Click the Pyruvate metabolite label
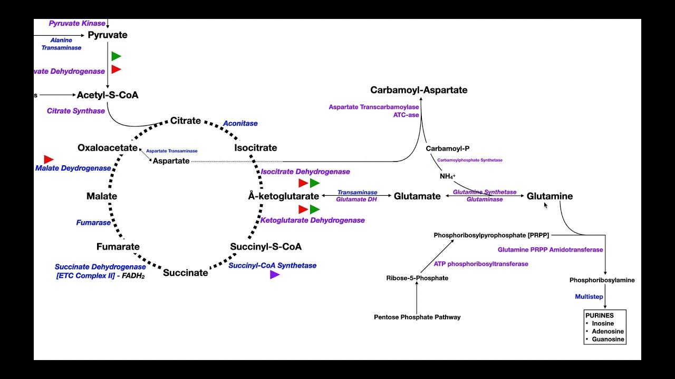[x=108, y=35]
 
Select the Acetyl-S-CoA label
[x=108, y=95]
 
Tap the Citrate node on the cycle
[x=185, y=121]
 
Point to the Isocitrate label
[x=255, y=148]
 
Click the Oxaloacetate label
[x=108, y=148]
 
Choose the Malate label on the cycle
[x=102, y=196]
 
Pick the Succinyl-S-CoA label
[x=266, y=246]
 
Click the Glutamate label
[x=417, y=196]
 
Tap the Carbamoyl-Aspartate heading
[x=419, y=90]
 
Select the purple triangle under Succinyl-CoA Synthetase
[x=274, y=275]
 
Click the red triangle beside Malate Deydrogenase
[x=49, y=159]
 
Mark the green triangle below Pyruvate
[x=116, y=56]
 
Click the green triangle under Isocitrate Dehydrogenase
[x=315, y=183]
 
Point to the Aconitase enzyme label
[x=240, y=123]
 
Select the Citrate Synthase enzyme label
[x=76, y=111]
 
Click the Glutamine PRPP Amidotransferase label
[x=550, y=250]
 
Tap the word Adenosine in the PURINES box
[x=607, y=332]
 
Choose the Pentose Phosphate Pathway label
[x=417, y=317]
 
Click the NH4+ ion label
[x=447, y=176]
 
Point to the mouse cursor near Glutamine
[x=546, y=205]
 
